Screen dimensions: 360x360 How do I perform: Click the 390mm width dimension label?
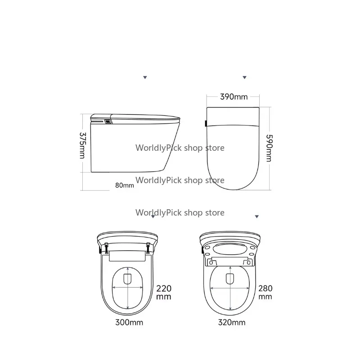click(234, 97)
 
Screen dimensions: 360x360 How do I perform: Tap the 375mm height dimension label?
click(82, 145)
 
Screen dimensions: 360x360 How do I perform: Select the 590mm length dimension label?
click(269, 148)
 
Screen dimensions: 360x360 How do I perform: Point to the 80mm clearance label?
click(125, 185)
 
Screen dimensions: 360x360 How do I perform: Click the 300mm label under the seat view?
click(129, 322)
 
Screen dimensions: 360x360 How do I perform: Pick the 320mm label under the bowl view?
click(232, 322)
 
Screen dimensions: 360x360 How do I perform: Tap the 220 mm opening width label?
click(164, 292)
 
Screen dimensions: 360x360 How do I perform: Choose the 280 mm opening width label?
click(265, 292)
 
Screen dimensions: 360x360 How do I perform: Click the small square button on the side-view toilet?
click(108, 121)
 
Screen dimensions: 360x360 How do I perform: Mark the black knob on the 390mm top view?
click(206, 123)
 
